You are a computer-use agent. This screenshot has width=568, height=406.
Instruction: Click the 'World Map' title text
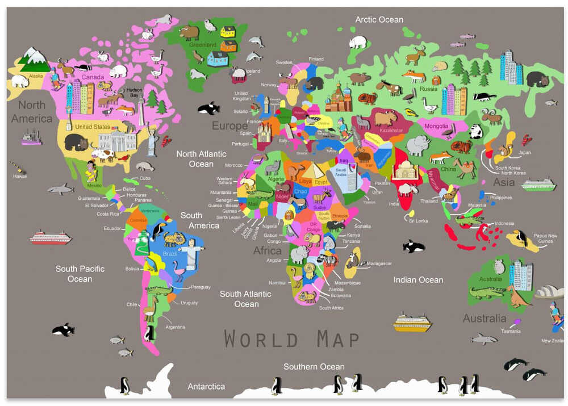291,339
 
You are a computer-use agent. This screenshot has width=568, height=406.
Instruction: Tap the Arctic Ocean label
379,19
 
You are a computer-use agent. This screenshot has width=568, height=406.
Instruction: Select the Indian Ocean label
418,279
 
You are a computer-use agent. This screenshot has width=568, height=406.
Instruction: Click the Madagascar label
379,263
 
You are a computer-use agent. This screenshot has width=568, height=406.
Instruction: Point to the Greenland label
203,44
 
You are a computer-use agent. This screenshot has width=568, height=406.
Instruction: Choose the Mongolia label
436,126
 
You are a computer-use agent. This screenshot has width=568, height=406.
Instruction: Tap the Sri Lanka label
418,220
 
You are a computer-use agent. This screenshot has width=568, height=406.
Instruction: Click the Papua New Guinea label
545,239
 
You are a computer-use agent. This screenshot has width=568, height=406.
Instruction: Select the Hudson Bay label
134,93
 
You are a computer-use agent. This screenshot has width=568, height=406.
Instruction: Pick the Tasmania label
510,331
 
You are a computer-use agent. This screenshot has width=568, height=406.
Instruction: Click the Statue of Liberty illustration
152,139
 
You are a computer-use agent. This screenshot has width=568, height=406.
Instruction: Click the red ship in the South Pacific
51,237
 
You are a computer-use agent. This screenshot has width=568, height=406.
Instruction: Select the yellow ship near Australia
412,323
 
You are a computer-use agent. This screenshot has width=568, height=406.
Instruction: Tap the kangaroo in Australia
517,296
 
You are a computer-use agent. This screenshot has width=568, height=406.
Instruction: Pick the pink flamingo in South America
181,270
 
